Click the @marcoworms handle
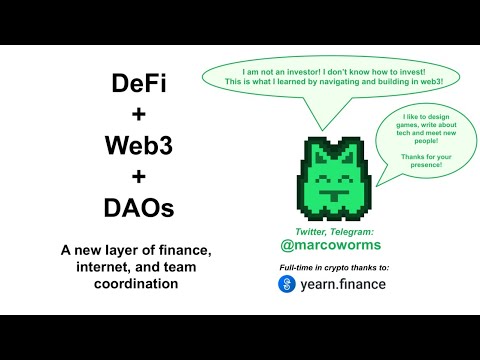[x=330, y=246]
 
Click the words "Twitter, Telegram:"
[x=330, y=231]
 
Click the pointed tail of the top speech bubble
[x=318, y=118]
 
